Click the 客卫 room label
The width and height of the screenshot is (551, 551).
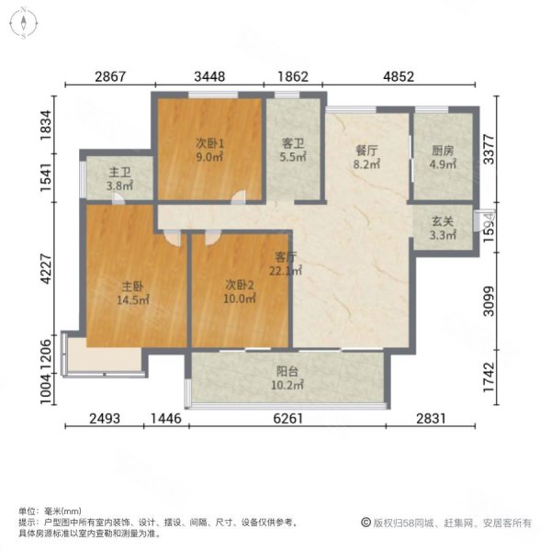(293, 143)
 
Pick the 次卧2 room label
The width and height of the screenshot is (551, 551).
(238, 285)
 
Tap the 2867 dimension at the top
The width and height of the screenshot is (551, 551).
(110, 78)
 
